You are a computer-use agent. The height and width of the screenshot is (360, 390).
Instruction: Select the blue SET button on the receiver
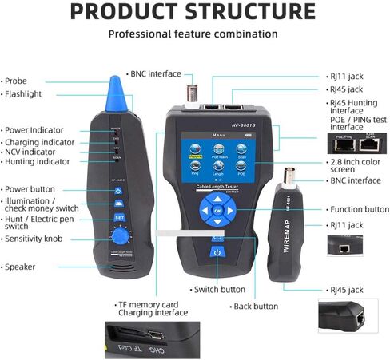click(119, 216)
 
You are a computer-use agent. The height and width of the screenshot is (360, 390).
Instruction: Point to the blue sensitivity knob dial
click(120, 236)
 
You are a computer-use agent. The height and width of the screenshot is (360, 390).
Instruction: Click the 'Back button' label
click(256, 306)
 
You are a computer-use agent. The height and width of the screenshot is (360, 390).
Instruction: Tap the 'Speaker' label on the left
click(23, 267)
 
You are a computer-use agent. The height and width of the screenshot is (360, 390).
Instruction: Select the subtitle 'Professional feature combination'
click(193, 34)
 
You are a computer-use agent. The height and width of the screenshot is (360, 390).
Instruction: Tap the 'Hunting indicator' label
click(41, 160)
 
